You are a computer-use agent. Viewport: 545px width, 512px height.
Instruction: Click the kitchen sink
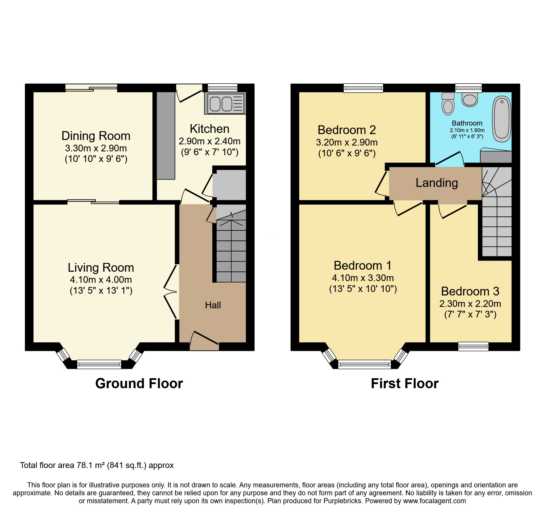[225, 104]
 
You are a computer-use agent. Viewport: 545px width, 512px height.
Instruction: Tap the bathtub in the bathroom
[502, 119]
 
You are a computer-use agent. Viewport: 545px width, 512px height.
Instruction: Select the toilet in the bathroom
[448, 104]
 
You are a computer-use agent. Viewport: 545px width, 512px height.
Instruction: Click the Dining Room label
[96, 136]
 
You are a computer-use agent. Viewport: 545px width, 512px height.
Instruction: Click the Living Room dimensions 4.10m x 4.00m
[101, 280]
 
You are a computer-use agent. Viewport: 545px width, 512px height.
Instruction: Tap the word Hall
[213, 305]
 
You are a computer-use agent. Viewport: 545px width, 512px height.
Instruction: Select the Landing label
[437, 183]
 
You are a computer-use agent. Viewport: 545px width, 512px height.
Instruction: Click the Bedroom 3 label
[470, 291]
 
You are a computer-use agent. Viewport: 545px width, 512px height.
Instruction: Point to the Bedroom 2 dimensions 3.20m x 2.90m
[347, 142]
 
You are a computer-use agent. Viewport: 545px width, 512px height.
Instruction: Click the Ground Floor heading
[139, 383]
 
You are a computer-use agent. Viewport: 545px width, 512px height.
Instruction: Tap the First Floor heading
[405, 383]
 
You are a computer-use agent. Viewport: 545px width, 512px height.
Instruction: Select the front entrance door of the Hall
[205, 339]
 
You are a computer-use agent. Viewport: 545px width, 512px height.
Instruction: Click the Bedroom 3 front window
[473, 346]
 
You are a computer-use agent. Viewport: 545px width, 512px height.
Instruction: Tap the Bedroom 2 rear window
[363, 88]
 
